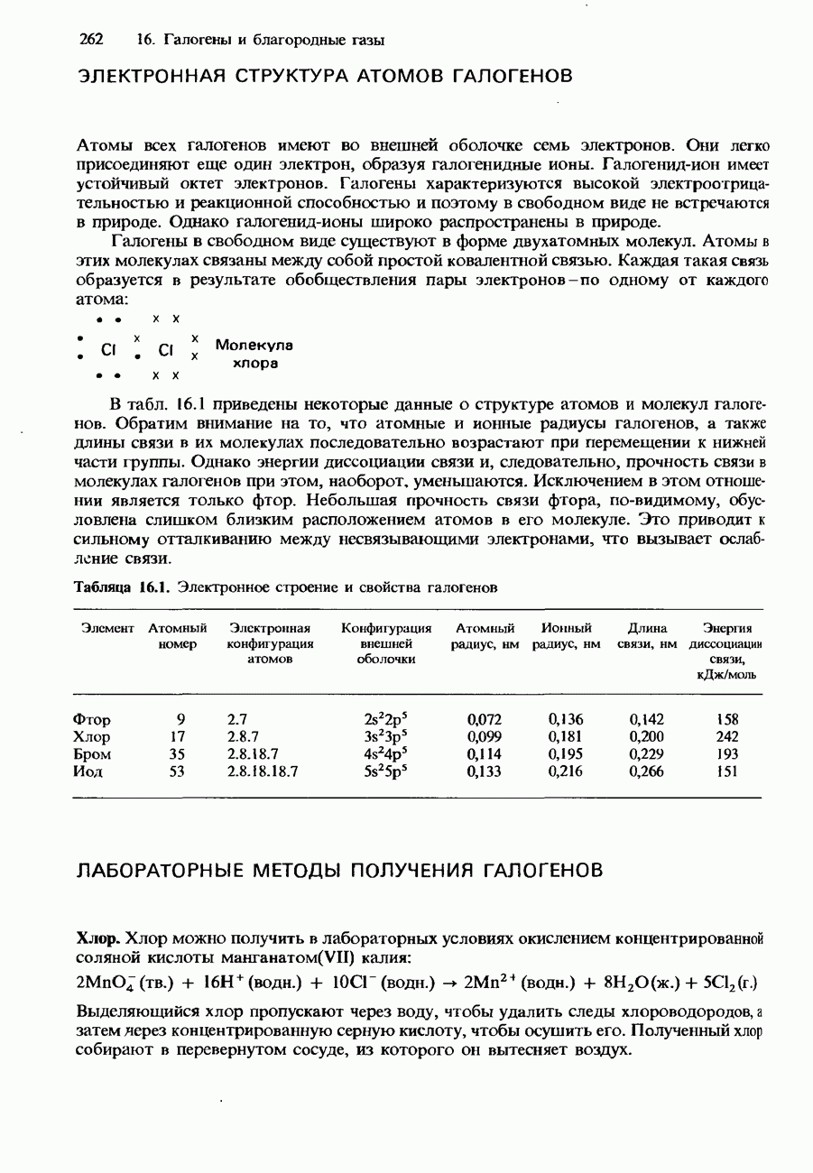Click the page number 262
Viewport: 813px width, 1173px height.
click(x=92, y=41)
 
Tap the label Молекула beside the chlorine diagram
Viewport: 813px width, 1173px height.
click(x=255, y=346)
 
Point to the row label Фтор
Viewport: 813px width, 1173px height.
click(x=92, y=719)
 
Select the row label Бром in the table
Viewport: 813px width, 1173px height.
click(x=92, y=753)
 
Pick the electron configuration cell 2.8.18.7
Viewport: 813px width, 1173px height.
click(x=252, y=753)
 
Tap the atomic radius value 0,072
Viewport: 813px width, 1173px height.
click(x=485, y=719)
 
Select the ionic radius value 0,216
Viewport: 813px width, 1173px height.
click(x=566, y=771)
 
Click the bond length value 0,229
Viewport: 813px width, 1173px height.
click(x=647, y=753)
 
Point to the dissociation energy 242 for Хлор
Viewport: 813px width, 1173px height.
click(x=727, y=736)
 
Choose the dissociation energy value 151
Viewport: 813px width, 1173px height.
click(x=727, y=771)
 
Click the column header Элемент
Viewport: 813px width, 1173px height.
click(x=107, y=627)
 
